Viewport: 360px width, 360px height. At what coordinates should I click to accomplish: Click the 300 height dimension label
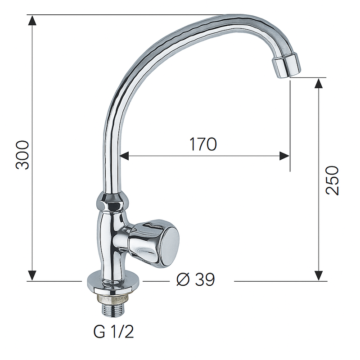[22, 154]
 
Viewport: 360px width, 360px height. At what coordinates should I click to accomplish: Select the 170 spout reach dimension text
[202, 144]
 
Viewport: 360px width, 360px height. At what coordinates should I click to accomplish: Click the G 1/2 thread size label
[113, 332]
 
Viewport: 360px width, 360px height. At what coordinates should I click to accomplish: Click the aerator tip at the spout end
[286, 66]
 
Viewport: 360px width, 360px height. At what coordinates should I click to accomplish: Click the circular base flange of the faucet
[112, 283]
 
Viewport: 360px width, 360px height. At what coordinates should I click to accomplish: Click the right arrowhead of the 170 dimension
[284, 156]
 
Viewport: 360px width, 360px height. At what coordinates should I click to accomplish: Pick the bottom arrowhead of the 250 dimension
[319, 275]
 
